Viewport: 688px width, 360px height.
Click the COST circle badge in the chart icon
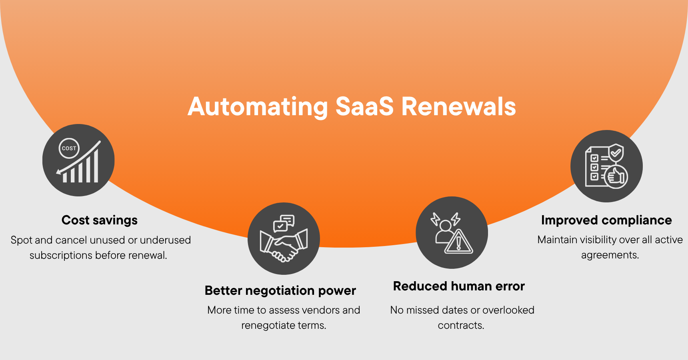pyautogui.click(x=69, y=148)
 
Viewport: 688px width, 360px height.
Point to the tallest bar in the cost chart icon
pyautogui.click(x=96, y=166)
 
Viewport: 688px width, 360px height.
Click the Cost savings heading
pyautogui.click(x=100, y=220)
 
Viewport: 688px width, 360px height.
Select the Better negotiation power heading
pyautogui.click(x=280, y=290)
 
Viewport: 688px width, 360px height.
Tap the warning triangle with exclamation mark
pyautogui.click(x=459, y=242)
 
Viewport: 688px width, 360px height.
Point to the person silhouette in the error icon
pyautogui.click(x=444, y=232)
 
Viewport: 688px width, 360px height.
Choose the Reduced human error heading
pyautogui.click(x=459, y=286)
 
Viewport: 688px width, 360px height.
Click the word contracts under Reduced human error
pyautogui.click(x=460, y=325)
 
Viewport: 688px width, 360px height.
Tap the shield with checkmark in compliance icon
pyautogui.click(x=616, y=153)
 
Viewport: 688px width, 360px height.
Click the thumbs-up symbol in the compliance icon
pyautogui.click(x=616, y=176)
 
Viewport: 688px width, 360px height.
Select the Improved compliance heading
pyautogui.click(x=606, y=220)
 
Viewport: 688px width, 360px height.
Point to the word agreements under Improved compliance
pyautogui.click(x=610, y=255)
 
